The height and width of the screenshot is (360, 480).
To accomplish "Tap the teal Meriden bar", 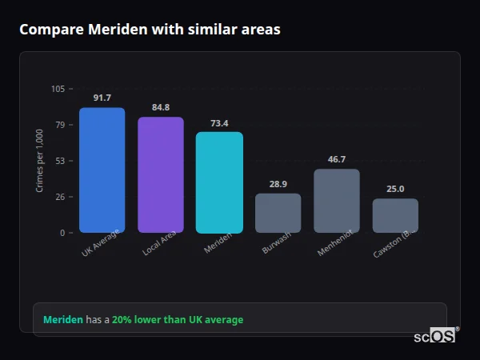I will point(219,182).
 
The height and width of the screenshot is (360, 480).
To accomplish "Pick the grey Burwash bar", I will point(278,213).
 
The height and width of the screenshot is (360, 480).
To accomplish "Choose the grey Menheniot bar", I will point(337,201).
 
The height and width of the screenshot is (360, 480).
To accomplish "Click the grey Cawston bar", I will point(395,215).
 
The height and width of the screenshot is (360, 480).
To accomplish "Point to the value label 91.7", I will point(102,98).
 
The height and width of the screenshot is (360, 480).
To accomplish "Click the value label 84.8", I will point(160,107).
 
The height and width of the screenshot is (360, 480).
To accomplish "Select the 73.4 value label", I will point(219,123).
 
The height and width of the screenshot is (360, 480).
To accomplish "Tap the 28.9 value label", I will point(278,184).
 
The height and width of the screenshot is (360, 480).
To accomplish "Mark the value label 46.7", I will point(337,159).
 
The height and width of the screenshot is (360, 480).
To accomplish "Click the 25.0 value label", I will point(395,189).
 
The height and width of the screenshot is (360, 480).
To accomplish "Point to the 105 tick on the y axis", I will point(58,89).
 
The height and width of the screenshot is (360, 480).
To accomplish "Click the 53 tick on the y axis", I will point(60,161).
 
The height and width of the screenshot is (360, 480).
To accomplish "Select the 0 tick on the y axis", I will point(62,233).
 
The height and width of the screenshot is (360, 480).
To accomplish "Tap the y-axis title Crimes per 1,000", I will point(39,160).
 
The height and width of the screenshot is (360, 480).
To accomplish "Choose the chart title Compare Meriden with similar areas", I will point(150,30).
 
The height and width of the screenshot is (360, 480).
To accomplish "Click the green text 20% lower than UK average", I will point(178,320).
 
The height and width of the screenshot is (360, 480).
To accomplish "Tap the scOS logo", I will point(435,336).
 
